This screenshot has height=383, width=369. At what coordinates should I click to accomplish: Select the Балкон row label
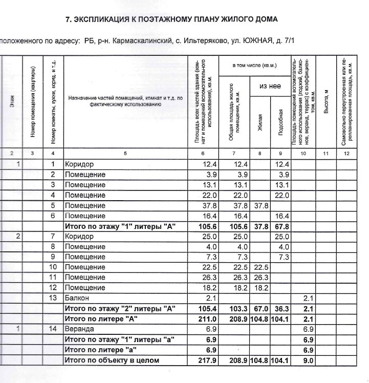(x=77, y=298)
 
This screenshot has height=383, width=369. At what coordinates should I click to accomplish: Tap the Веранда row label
(x=79, y=329)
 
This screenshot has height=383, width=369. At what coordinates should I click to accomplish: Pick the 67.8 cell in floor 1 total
(x=281, y=226)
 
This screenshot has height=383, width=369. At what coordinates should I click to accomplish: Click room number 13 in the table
(x=53, y=298)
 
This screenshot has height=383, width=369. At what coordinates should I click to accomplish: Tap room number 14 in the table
(x=53, y=329)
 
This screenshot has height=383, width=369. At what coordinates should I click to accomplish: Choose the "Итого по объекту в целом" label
(x=112, y=360)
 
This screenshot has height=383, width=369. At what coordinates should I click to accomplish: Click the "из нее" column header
(x=270, y=87)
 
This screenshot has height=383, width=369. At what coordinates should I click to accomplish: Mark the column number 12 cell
(x=346, y=153)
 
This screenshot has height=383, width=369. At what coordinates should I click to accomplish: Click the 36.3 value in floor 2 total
(x=281, y=309)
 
